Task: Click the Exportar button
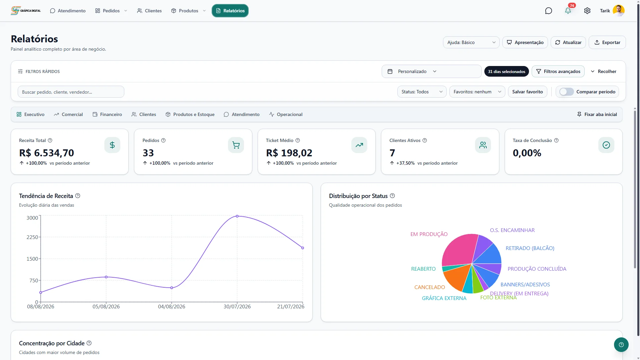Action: coord(607,42)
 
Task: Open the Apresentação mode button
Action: coord(525,42)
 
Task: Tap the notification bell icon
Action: coord(568,11)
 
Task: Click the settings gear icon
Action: coord(587,11)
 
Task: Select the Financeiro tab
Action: coord(107,114)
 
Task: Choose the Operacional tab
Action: coord(286,114)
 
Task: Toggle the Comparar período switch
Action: coord(566,92)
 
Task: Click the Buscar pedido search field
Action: coord(71,92)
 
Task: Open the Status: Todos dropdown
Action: coord(422,92)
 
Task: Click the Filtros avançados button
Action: coord(558,71)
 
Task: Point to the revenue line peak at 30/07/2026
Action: coord(237,216)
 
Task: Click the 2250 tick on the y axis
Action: coord(32,237)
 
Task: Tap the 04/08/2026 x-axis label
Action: coord(172,307)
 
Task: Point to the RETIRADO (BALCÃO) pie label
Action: coord(530,248)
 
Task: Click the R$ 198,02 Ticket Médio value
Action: coord(289,153)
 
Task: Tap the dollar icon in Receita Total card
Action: coord(112,145)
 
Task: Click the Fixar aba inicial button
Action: coord(597,114)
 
